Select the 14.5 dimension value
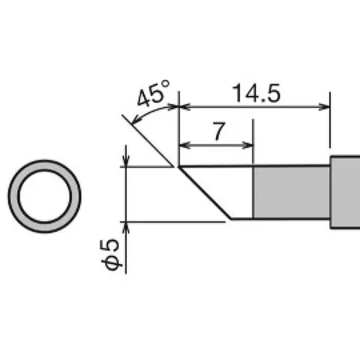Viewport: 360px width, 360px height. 256,94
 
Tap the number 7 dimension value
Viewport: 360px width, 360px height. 219,131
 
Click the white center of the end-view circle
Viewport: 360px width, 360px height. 44,196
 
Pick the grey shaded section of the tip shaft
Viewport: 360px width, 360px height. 291,192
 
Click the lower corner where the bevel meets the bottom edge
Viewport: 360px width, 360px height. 231,218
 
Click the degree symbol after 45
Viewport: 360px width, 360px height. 166,84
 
